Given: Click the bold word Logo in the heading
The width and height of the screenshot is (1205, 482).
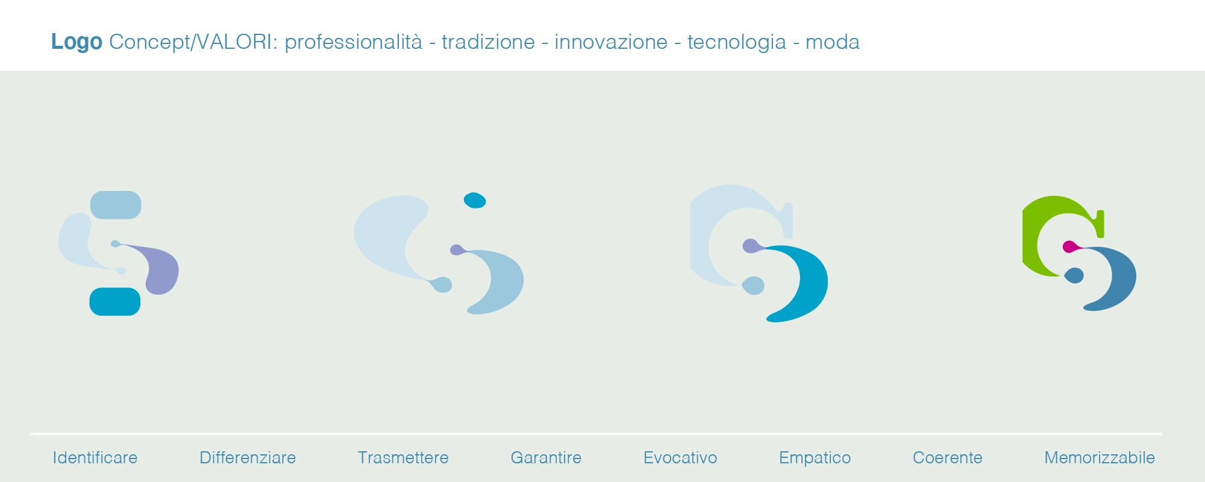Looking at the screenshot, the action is point(77,42).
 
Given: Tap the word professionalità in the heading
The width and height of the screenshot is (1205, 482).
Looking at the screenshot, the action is point(353,42).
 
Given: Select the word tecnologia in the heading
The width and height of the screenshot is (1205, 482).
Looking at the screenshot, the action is point(736,42).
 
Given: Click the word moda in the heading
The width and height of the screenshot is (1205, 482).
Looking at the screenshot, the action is point(832,42).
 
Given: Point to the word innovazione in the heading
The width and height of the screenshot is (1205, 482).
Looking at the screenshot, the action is point(610,42).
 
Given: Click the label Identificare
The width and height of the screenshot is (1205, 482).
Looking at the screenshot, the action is point(95,458).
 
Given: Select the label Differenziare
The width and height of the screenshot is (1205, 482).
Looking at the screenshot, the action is point(248,458).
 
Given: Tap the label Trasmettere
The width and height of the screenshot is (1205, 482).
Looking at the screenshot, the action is point(403,458).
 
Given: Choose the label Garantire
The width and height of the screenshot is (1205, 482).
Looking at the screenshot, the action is point(546,458).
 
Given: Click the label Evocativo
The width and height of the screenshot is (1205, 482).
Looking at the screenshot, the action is point(680,458).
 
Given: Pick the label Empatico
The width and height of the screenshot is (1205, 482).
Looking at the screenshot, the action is point(815,458).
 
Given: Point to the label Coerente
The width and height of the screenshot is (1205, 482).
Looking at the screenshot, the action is point(947,458).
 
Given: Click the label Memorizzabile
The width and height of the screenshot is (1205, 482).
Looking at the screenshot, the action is point(1100,458).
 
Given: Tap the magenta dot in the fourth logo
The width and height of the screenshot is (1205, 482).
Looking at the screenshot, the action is point(1069,246).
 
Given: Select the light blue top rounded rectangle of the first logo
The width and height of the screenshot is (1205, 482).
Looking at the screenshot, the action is point(116,205).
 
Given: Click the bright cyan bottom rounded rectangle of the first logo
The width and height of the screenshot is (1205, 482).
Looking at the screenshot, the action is point(115,301).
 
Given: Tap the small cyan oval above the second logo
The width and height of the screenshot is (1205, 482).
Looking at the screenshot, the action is point(475,200).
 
